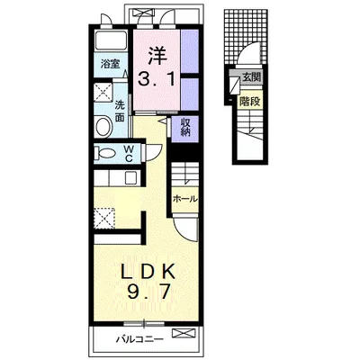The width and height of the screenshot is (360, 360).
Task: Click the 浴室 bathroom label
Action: coord(110,64)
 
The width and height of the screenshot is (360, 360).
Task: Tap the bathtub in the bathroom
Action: coord(112,40)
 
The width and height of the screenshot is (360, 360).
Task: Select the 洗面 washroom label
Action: coord(120,111)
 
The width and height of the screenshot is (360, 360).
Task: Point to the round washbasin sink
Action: coord(103,126)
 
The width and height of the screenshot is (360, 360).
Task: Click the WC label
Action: coord(129,153)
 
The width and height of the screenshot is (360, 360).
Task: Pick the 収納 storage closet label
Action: coord(185,128)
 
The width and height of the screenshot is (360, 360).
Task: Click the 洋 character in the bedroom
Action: coord(157,56)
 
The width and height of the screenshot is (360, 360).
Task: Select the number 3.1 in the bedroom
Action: coord(157,78)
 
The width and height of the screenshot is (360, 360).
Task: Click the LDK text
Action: coord(148,271)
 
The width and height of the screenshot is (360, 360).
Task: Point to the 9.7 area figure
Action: coord(148,292)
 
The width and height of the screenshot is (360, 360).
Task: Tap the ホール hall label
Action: coord(185,199)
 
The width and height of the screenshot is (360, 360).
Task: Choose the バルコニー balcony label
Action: coord(140,339)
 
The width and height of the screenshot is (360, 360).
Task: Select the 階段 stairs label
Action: coord(249,102)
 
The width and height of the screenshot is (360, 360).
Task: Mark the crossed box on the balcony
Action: coord(184,333)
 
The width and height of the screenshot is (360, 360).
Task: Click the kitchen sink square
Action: coord(130,178)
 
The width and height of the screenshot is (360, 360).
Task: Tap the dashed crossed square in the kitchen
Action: coord(104,219)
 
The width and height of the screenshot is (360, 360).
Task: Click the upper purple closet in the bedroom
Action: coord(190,51)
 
